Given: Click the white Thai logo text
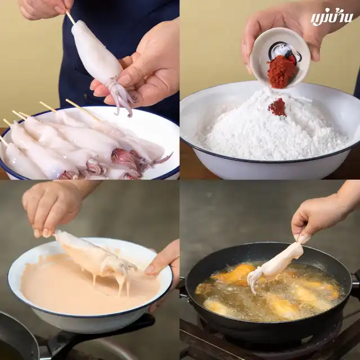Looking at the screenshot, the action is (x=331, y=17).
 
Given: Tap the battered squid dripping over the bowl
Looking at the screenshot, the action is (x=94, y=257).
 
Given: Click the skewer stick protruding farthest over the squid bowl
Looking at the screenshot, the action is (x=83, y=110).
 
